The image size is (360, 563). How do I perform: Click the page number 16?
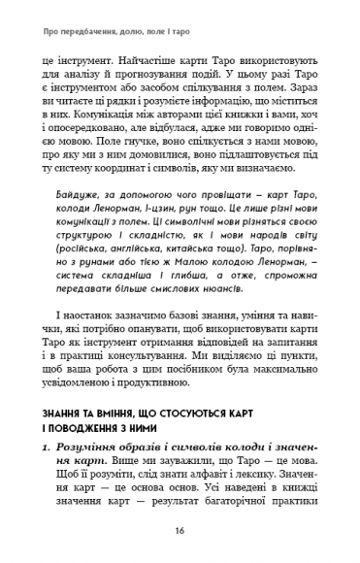point(180,531)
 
